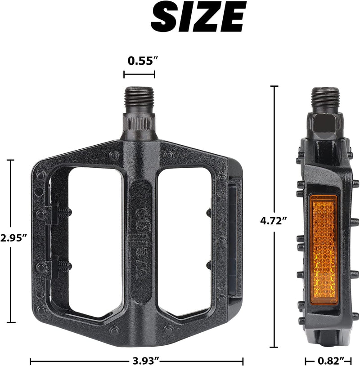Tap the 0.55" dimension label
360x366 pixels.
click(139, 60)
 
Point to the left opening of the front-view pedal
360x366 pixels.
click(94, 238)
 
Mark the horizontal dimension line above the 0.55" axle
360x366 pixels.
click(139, 75)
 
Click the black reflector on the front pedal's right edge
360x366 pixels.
click(235, 238)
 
